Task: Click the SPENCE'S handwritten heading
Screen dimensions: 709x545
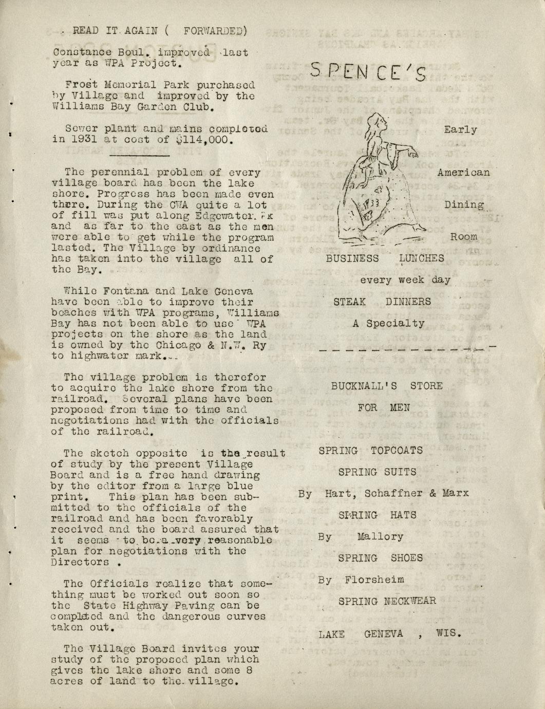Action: click(x=368, y=71)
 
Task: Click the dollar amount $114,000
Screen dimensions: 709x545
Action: click(x=204, y=140)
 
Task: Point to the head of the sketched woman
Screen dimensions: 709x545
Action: click(x=379, y=123)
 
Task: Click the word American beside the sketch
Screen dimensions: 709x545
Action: click(x=463, y=173)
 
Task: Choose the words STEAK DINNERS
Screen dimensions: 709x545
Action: click(x=382, y=302)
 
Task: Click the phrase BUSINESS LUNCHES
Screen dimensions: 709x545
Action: click(x=385, y=258)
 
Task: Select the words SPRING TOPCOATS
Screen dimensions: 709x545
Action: click(x=370, y=451)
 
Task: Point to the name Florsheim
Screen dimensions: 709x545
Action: click(x=374, y=580)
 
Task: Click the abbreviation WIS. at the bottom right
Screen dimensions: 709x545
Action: click(x=448, y=633)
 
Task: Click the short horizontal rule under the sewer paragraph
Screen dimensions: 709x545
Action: click(x=139, y=155)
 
